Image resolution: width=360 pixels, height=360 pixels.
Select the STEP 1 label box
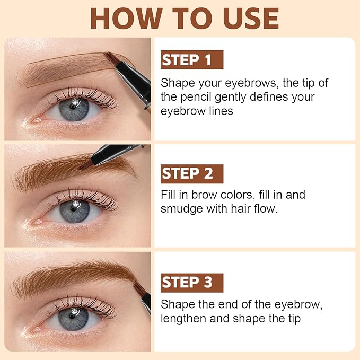pyautogui.click(x=191, y=60)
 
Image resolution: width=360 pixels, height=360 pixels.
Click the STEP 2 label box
pyautogui.click(x=191, y=174)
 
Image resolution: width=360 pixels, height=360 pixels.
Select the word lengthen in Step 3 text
pyautogui.click(x=182, y=319)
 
